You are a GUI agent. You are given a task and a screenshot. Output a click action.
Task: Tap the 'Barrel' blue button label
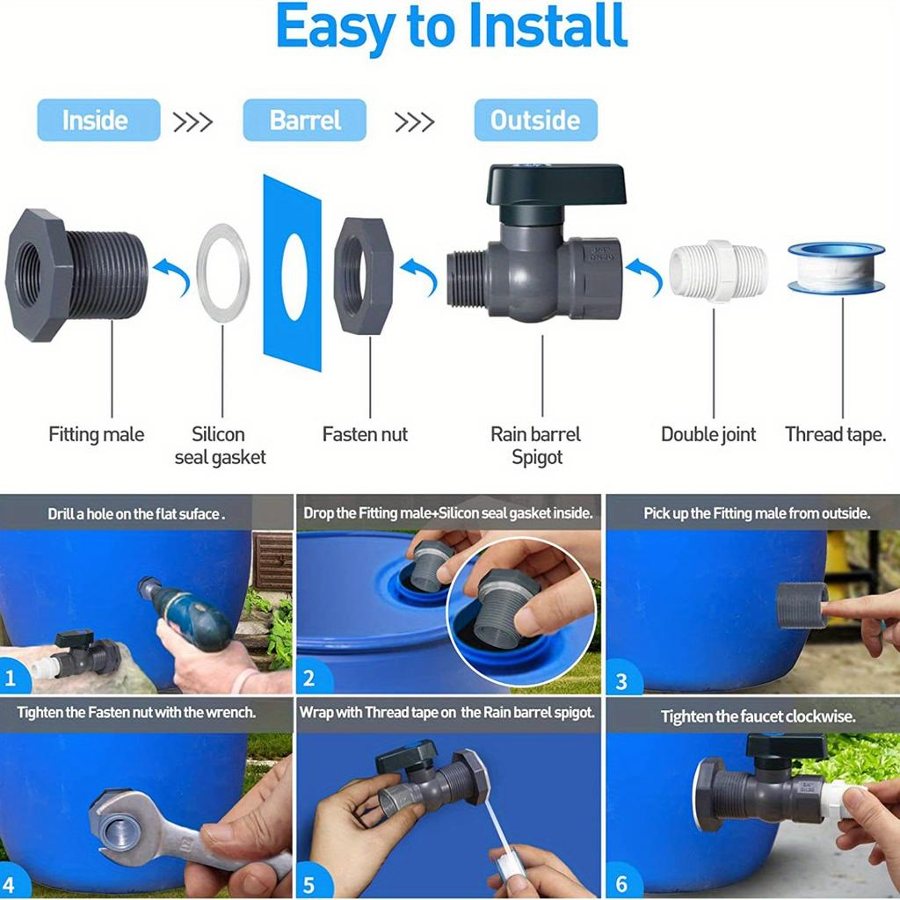[x=304, y=120]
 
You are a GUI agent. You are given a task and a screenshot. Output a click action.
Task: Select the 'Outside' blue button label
[x=535, y=120]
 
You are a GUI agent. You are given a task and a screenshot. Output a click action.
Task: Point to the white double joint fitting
[x=718, y=271]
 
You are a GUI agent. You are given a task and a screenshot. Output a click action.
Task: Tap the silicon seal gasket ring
[x=222, y=272]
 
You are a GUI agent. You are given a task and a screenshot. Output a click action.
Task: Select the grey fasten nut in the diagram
[x=363, y=275]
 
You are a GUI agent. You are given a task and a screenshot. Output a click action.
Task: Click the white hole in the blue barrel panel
[x=294, y=275]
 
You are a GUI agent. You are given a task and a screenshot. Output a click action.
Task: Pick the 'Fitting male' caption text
[x=96, y=434]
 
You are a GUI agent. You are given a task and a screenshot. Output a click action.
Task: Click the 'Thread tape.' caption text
[x=835, y=434]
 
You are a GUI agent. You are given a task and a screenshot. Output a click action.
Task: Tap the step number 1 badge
[x=12, y=678]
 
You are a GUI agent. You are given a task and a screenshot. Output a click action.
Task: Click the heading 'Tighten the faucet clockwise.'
[x=757, y=716]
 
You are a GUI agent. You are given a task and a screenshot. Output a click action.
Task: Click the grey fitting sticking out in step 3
[x=801, y=605]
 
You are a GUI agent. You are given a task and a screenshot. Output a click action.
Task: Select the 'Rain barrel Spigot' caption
[x=536, y=446]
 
